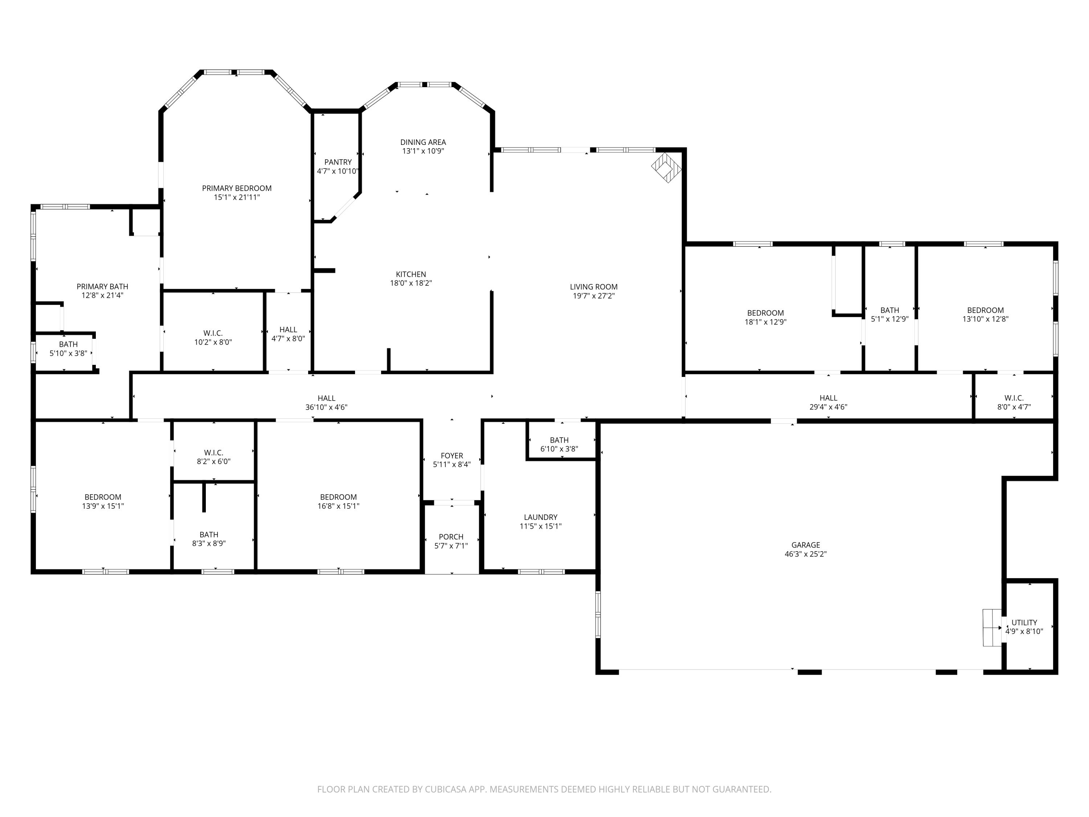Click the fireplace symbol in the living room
(666, 167)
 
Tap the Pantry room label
(338, 162)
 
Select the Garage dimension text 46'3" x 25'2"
(805, 553)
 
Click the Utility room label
(1024, 622)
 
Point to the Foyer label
(452, 456)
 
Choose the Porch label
(451, 537)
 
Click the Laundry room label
(541, 517)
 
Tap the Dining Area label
(423, 142)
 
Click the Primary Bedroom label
(237, 188)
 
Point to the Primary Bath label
(102, 286)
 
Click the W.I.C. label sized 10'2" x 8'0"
(213, 333)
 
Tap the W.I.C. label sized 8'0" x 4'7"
(1013, 398)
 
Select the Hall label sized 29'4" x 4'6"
(828, 398)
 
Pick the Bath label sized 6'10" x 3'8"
(559, 440)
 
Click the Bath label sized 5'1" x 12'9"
(890, 310)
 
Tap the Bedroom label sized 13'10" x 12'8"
(985, 310)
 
